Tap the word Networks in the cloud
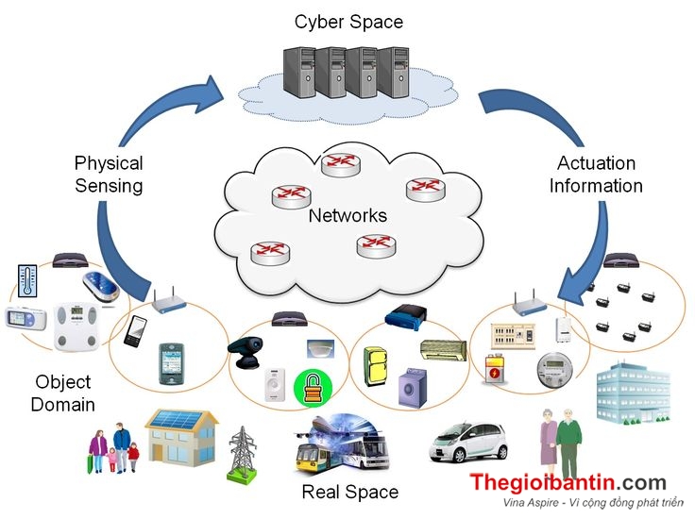click(347, 216)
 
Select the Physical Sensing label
click(109, 175)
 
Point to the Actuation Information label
click(596, 175)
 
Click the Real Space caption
click(349, 492)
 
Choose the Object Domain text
click(63, 393)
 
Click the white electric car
click(468, 441)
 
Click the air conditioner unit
click(442, 351)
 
